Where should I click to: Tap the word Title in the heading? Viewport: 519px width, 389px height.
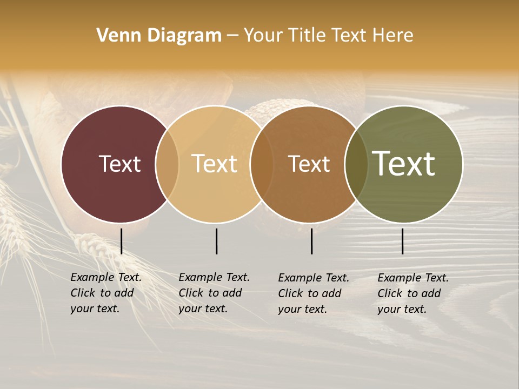point(306,36)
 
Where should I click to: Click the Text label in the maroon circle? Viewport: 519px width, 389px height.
point(119,164)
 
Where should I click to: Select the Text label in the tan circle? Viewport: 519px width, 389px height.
point(214,164)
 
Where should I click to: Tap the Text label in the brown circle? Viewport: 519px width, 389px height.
point(309,164)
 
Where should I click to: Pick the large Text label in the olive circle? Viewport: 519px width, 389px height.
point(404,164)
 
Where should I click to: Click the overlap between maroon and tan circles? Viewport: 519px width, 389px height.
point(167,164)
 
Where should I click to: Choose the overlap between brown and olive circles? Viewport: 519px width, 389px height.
point(356,164)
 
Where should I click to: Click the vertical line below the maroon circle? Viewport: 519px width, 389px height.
point(122,241)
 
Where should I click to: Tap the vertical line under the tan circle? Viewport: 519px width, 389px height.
point(216,241)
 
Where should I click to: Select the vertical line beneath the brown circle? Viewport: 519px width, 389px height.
point(312,241)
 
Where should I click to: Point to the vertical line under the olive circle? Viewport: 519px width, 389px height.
point(403,241)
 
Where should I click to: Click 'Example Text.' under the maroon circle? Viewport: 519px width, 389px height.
point(106,277)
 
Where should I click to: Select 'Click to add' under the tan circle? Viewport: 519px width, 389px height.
point(210,293)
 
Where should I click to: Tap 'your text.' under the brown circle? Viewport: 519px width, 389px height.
point(302,309)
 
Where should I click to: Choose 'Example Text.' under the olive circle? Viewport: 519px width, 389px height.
point(413,278)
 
